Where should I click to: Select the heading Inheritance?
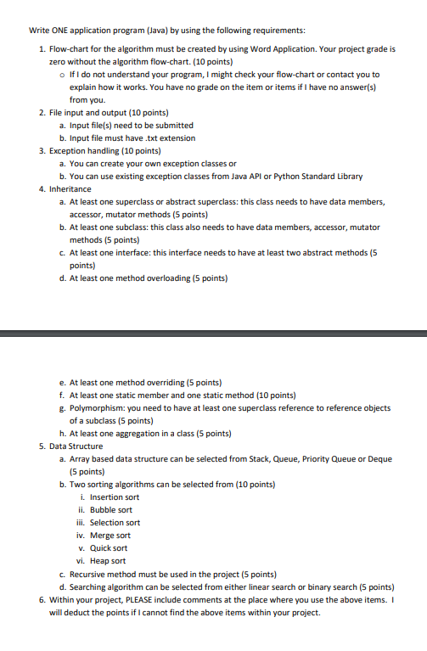pos(70,188)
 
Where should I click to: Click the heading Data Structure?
pos(77,446)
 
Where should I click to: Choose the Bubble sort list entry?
pos(114,509)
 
